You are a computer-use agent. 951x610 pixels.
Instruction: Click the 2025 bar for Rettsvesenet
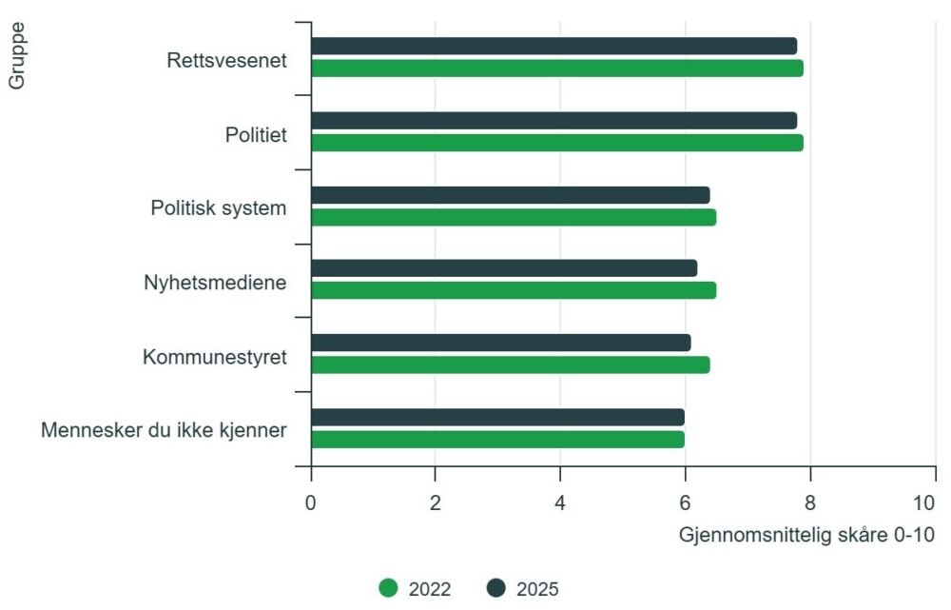pos(553,46)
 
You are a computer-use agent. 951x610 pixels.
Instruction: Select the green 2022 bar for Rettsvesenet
pos(556,69)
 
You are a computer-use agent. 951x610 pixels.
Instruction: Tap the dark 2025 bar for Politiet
pos(553,120)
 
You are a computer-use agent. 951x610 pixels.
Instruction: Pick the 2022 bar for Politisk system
pos(513,217)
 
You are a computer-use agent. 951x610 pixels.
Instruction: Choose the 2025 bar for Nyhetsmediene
pos(503,268)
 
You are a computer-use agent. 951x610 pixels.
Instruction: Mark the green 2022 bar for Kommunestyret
pos(510,364)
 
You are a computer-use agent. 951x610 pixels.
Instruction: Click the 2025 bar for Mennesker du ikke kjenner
pos(497,417)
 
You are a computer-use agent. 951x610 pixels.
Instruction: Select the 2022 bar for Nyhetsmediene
pos(513,290)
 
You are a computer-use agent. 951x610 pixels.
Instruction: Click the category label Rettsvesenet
pos(226,60)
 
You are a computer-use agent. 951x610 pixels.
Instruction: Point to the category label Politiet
pos(256,134)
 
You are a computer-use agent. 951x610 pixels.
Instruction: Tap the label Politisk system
pos(219,207)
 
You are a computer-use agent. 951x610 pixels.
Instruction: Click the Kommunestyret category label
pos(215,357)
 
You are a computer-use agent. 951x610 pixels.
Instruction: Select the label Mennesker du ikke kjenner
pos(164,430)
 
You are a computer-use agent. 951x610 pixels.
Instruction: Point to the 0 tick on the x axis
pos(311,502)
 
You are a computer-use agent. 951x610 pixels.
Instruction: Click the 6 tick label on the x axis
pos(685,502)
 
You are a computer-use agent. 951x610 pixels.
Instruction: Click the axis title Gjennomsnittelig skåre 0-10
pos(806,535)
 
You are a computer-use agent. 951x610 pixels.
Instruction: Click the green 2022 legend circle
pos(388,588)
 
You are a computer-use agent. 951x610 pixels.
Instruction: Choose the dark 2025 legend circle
pos(495,588)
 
